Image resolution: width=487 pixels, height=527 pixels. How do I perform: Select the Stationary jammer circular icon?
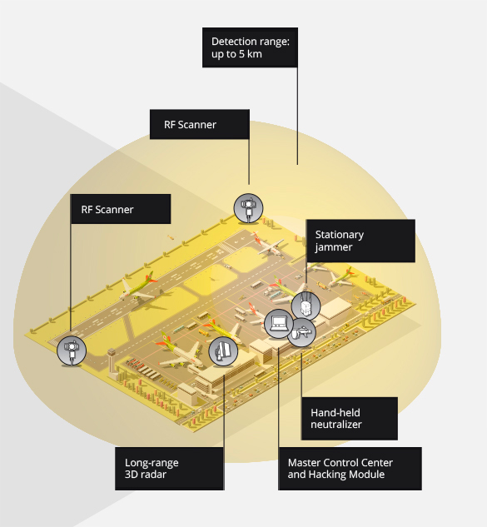pos(306,306)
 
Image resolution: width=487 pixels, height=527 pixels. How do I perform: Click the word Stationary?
pos(339,235)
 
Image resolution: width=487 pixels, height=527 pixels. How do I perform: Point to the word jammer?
pos(333,247)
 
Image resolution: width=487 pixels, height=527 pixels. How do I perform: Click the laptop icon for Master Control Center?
pos(279,324)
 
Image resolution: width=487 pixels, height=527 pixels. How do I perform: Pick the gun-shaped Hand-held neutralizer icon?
pos(301,332)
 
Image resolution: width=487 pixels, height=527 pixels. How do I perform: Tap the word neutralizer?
pos(335,424)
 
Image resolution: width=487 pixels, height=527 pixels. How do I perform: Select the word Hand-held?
pos(335,412)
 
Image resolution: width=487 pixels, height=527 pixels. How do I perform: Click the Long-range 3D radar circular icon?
pos(223,351)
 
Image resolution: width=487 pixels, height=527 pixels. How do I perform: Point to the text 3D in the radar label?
pos(131,475)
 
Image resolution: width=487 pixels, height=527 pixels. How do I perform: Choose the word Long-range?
pos(152,463)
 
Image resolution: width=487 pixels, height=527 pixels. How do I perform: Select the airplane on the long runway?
pos(139,288)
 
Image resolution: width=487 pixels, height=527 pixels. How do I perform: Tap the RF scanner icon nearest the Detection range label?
pos(248,208)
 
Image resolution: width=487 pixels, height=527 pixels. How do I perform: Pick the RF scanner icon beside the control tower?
pos(72,351)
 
